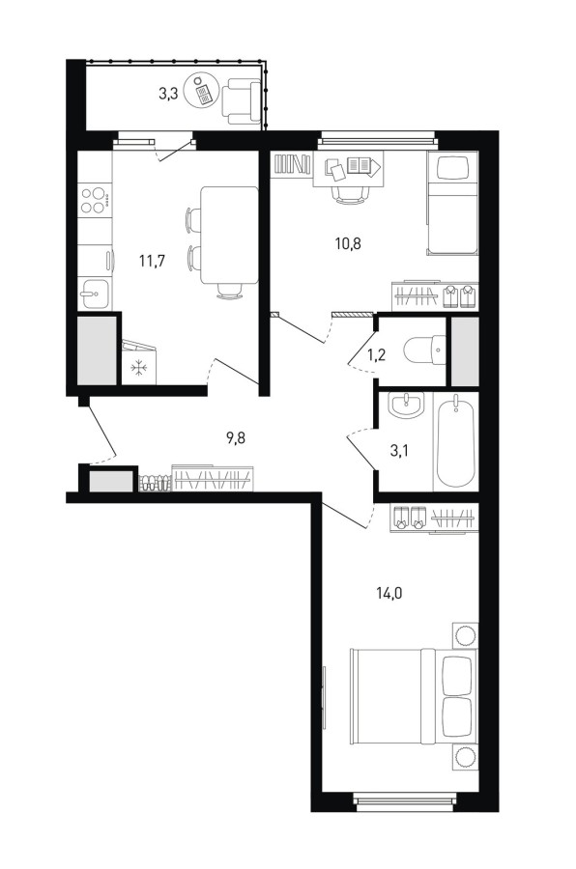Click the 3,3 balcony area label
tap(168, 95)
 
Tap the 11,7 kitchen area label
tap(152, 260)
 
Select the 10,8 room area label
tap(348, 242)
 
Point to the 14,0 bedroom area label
tap(389, 594)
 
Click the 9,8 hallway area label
tap(235, 438)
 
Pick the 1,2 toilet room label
tap(377, 354)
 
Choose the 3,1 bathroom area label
tap(399, 451)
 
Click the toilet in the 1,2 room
tap(424, 350)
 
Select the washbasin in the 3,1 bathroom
tap(406, 406)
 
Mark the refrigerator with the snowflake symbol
tap(139, 363)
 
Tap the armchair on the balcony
tap(242, 100)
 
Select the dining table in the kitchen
tap(229, 235)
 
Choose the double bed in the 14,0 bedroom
tap(414, 696)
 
